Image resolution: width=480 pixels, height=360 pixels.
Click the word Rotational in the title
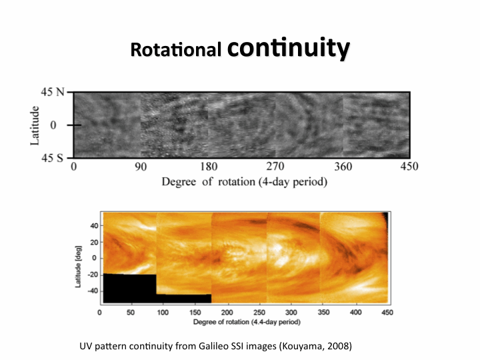(176, 50)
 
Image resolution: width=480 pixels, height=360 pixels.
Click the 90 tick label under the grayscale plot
(141, 167)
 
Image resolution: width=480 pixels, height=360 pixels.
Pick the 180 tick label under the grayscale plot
(209, 167)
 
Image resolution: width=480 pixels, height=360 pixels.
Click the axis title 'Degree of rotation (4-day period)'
(244, 181)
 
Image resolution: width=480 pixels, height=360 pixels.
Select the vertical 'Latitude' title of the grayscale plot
(35, 125)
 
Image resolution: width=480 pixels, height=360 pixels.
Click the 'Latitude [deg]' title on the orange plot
(78, 257)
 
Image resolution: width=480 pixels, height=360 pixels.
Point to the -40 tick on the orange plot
(92, 291)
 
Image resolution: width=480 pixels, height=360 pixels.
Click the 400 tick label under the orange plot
(355, 311)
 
